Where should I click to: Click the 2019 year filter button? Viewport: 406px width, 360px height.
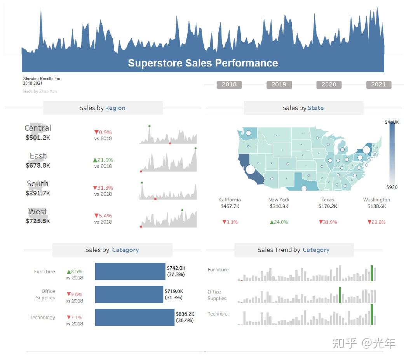coord(279,84)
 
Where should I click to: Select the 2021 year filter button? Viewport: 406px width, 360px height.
coord(378,84)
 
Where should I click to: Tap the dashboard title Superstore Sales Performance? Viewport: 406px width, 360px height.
coord(203,63)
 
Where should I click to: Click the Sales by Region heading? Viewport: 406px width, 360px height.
coord(103,108)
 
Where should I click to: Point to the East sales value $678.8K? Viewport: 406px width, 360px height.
coord(38,165)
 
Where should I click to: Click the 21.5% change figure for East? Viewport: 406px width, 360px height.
coord(103,160)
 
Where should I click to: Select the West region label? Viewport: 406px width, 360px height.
coord(38,211)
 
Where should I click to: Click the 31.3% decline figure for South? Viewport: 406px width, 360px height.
coord(103,188)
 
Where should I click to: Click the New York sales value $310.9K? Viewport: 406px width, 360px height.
coord(279,206)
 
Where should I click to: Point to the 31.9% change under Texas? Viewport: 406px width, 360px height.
coord(328,222)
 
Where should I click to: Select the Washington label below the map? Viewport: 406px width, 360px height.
coord(376,199)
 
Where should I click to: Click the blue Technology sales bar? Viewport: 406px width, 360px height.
coord(135,317)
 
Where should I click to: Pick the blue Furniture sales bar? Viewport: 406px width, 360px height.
coord(130,271)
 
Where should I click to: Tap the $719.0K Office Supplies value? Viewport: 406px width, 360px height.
coord(174,291)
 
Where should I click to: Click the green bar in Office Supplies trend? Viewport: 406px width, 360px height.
coord(340,295)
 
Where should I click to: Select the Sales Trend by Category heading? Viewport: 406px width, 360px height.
coord(293,250)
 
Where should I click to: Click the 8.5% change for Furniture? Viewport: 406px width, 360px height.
coord(75,271)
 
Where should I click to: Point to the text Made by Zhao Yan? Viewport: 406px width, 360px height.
coord(40,91)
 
